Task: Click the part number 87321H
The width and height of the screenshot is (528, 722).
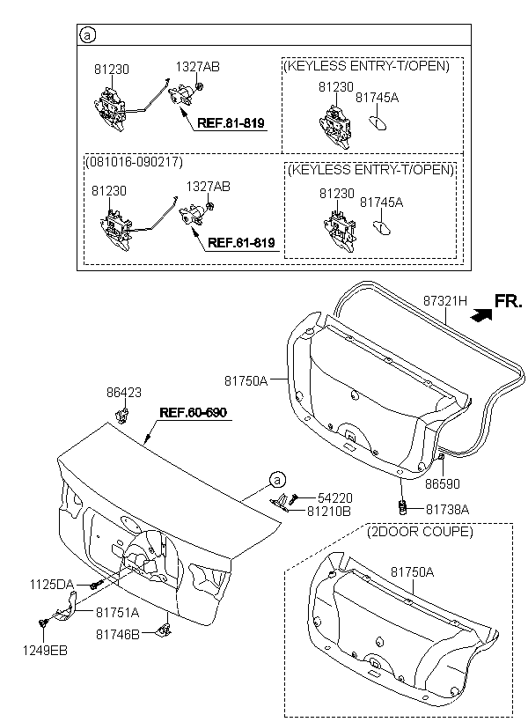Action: pyautogui.click(x=444, y=301)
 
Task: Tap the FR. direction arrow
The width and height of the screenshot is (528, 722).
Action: pyautogui.click(x=481, y=314)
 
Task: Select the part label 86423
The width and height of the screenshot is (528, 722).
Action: pyautogui.click(x=124, y=393)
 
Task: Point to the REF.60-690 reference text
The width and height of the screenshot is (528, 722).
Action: pyautogui.click(x=194, y=412)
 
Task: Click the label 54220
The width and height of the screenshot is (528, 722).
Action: pyautogui.click(x=335, y=497)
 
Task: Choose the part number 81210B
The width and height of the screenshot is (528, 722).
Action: pyautogui.click(x=329, y=511)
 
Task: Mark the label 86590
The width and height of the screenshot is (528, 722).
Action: pyautogui.click(x=442, y=483)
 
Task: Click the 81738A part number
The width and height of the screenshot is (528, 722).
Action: pyautogui.click(x=447, y=509)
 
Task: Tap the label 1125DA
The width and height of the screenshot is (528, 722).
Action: pyautogui.click(x=52, y=585)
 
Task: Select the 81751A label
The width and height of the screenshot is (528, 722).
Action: pyautogui.click(x=117, y=613)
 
